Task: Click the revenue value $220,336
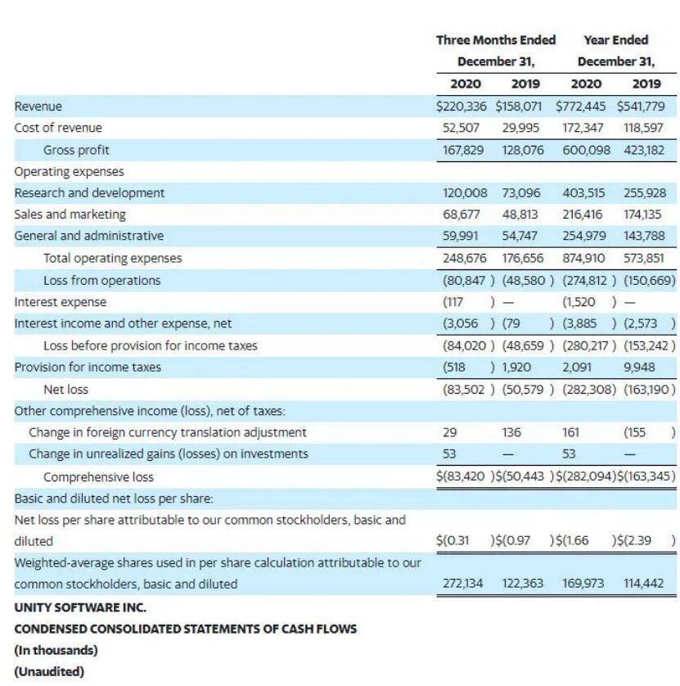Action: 461,106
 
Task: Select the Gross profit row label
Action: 76,150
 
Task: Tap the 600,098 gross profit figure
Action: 586,150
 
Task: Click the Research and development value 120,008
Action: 465,193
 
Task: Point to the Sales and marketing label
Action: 70,214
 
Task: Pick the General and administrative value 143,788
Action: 644,236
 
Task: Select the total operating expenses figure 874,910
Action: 583,258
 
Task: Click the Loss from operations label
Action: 102,281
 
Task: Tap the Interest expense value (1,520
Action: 579,302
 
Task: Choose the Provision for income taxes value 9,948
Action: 639,367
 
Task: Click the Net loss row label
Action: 65,390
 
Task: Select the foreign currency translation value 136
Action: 511,432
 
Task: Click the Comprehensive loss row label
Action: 98,477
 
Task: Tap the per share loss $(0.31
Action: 453,541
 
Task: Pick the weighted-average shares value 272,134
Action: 462,583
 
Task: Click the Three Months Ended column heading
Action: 496,40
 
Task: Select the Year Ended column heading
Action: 615,40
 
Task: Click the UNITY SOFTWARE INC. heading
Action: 80,607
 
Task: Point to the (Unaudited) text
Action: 49,671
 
